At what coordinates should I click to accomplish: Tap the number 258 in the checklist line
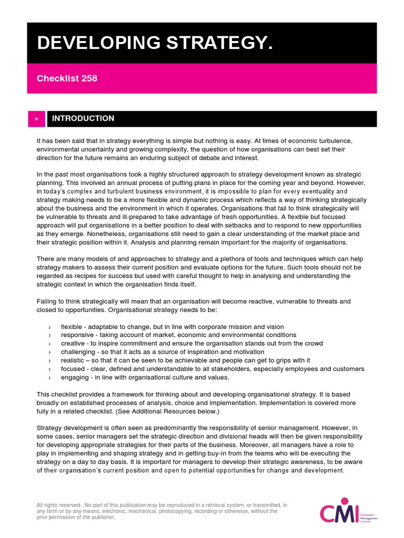88,78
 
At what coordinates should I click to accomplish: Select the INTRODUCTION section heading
83,118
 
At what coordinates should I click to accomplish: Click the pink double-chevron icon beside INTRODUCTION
36,119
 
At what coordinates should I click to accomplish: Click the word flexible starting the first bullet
72,326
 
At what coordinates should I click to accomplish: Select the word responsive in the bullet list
78,335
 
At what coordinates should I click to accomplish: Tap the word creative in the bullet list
73,343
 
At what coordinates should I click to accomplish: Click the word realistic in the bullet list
73,360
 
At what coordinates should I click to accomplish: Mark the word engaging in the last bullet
75,377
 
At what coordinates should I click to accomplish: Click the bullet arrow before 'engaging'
49,377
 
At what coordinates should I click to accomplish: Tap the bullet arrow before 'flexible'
49,327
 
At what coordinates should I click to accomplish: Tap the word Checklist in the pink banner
56,78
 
